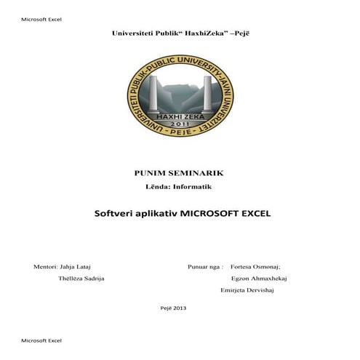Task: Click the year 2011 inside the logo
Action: pos(179,124)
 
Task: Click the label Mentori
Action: pos(45,267)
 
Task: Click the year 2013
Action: pos(180,308)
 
